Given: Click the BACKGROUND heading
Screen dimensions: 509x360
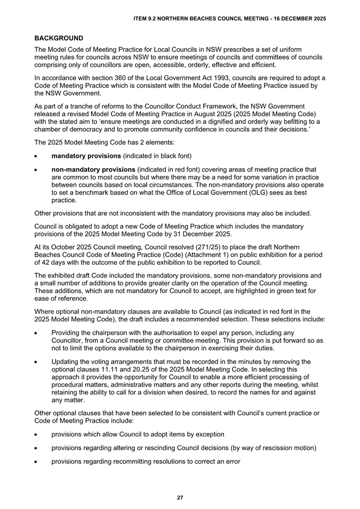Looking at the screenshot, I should click(59, 38).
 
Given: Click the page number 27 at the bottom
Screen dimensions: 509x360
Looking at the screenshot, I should click(180, 497).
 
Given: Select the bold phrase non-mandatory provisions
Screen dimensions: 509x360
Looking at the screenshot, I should click(93, 169).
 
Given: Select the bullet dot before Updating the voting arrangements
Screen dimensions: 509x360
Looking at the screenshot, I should click(36, 362).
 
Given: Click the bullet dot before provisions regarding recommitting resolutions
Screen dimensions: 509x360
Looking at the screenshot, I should click(36, 461).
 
